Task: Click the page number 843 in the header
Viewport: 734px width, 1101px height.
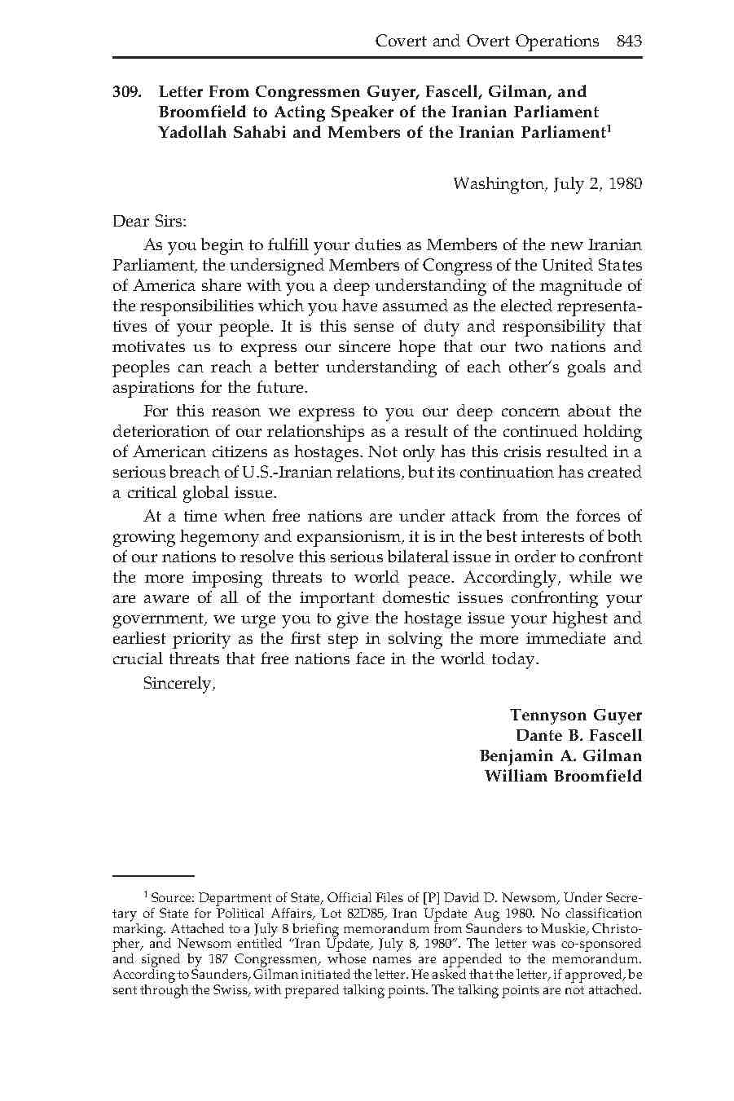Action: coord(629,41)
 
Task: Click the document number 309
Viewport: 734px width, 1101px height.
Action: coord(128,92)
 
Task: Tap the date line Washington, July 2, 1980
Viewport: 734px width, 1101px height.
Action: coord(547,183)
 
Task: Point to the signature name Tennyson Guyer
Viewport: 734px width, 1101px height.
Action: coord(575,715)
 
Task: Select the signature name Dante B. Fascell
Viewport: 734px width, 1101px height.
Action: coord(578,735)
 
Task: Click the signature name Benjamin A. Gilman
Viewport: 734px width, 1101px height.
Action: coord(560,755)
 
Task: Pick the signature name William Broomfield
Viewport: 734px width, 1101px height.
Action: coord(563,776)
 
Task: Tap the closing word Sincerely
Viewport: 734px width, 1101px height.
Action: coord(178,684)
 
